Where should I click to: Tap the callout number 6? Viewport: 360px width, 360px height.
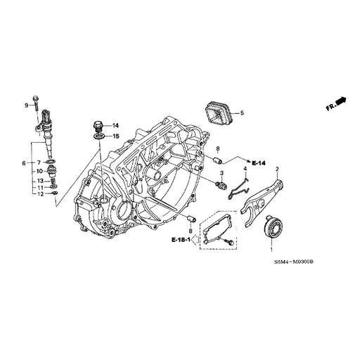coord(23,163)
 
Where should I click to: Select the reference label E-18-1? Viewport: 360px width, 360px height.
coord(181,240)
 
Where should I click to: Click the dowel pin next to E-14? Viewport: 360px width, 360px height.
coord(209,158)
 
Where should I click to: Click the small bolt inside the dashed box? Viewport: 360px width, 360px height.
coord(228,241)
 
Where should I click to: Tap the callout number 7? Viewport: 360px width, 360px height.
coord(39,163)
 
